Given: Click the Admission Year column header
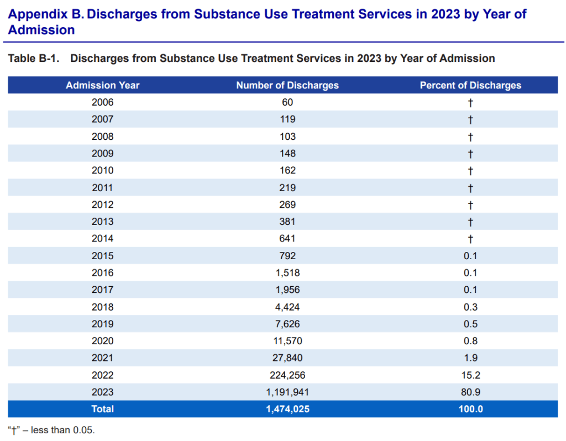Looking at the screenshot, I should coord(103,85).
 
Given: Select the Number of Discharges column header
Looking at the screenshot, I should coord(287,85).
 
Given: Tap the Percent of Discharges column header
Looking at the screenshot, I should coord(470,85).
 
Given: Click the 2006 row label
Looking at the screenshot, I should coord(103,102).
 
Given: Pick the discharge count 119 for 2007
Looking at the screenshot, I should coord(287,119).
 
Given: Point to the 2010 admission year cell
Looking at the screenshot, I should coord(103,171).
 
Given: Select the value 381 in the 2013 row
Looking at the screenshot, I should coord(287,222).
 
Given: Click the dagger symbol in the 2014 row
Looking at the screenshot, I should coord(470,239).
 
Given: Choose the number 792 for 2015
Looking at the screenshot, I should coord(287,256).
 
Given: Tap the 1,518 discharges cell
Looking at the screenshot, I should coord(287,273).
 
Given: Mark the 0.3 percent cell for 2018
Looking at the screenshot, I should coord(470,307).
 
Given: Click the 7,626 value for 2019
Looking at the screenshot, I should coord(287,324).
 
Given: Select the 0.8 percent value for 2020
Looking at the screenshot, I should coord(470,341).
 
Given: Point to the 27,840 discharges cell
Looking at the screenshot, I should coord(287,358).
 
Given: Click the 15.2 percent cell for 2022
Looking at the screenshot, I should coord(470,375).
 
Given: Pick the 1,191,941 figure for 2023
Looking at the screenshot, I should coord(287,392).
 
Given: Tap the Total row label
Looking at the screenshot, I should coord(103,410).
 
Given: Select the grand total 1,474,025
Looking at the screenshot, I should coord(287,410).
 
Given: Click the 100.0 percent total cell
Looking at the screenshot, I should coord(470,410).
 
